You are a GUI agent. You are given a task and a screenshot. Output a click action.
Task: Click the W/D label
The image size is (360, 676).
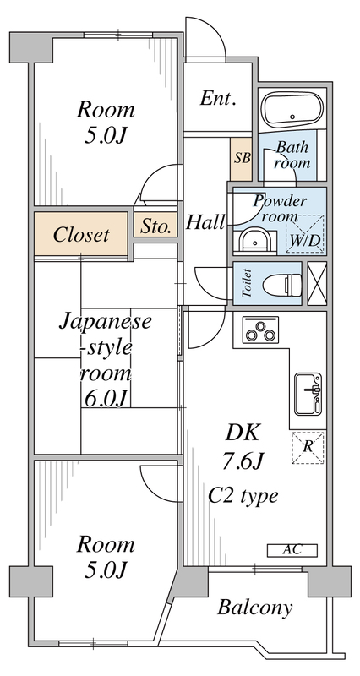(x=304, y=240)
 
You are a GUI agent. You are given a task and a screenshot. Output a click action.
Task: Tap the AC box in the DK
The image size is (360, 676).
(x=292, y=550)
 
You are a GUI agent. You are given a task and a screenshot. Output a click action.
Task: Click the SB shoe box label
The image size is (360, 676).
(x=242, y=156)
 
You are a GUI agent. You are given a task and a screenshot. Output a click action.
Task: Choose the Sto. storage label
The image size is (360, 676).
(x=155, y=226)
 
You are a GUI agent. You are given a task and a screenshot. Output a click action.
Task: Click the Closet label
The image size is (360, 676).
(x=81, y=234)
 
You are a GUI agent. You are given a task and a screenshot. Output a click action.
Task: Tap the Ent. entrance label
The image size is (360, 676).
(x=218, y=99)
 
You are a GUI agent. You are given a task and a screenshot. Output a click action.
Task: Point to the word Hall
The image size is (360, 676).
(x=205, y=222)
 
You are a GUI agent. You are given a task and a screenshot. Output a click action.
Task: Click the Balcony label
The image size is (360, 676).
(x=255, y=607)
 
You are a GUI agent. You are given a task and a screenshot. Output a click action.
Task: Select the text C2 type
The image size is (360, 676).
(x=243, y=496)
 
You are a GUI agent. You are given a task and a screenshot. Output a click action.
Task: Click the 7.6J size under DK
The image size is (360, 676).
(x=243, y=463)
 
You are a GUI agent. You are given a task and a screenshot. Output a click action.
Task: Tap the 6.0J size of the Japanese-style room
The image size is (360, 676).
(x=105, y=396)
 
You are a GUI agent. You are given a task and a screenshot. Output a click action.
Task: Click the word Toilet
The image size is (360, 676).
(x=246, y=285)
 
